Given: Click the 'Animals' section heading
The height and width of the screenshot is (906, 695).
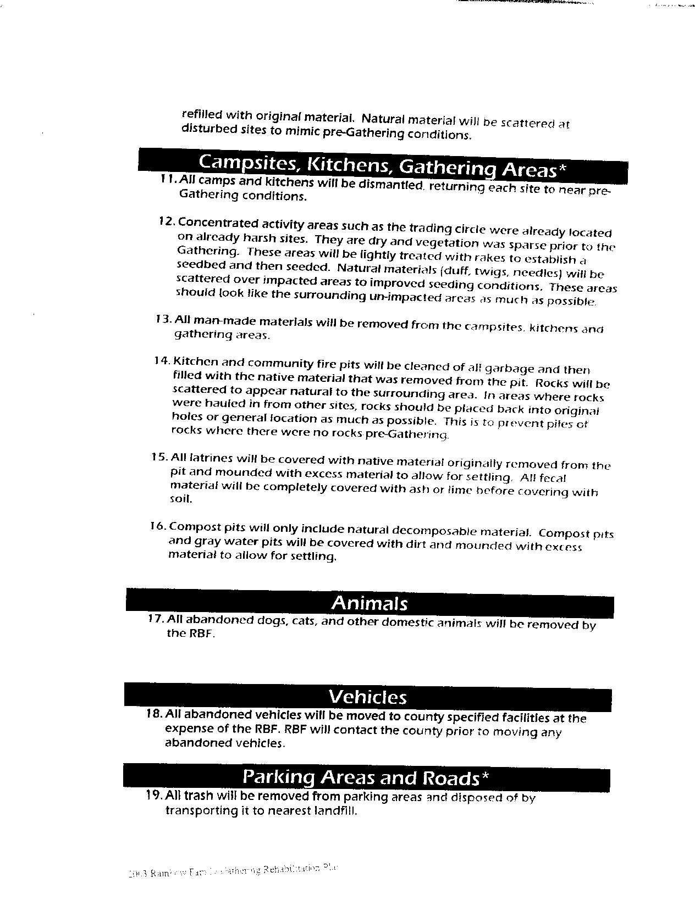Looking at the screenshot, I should click(369, 603).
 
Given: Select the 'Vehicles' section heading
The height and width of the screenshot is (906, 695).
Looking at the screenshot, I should click(367, 697).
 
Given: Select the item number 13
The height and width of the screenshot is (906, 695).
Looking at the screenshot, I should click(164, 319).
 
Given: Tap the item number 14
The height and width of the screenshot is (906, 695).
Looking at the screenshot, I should click(163, 361).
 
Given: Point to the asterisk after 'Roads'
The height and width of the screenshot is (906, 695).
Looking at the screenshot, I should click(485, 776).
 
